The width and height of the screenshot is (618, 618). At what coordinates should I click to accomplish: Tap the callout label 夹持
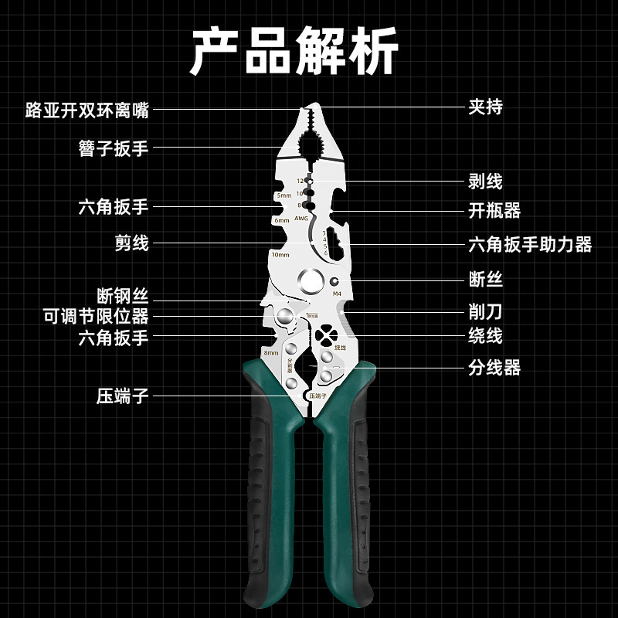[x=485, y=107]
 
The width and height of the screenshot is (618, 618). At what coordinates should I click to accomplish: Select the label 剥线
[x=485, y=182]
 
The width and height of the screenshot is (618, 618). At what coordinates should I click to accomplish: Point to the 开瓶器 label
[x=494, y=210]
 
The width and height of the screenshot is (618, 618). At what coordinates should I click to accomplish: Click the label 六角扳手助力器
[x=529, y=245]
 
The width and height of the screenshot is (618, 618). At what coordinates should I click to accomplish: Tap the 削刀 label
[x=485, y=311]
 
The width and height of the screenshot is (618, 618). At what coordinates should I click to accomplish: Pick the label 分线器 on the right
[x=494, y=368]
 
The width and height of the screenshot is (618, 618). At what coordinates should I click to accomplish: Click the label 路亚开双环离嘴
[x=87, y=110]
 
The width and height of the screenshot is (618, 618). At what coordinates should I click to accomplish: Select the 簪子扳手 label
[x=113, y=148]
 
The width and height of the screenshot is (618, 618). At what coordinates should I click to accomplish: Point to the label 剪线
[x=131, y=244]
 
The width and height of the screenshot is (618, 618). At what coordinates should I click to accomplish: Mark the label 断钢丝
[x=122, y=296]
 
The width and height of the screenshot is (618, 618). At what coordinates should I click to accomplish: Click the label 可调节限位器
[x=96, y=316]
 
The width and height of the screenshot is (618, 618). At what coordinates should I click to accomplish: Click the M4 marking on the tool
[x=336, y=294]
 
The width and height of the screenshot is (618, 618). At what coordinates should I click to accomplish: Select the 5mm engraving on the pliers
[x=283, y=195]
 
